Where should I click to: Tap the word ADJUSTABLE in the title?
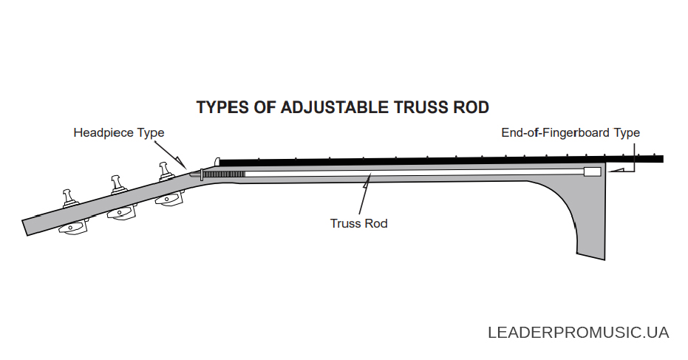point(334,108)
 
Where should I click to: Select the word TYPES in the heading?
point(222,108)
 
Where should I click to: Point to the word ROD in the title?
point(471,108)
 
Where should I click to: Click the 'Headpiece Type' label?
point(119,132)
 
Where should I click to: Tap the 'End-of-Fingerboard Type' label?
point(571,132)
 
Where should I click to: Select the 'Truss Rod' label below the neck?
point(359,223)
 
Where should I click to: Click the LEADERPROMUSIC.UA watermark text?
point(579,333)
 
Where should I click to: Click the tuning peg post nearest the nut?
point(165,170)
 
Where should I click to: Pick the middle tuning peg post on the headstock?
point(117,184)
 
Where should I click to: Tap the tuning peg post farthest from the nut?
point(69,197)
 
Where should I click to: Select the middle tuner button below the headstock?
point(120,214)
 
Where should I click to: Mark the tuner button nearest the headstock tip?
point(73,227)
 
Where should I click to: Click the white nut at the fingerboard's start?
point(217,162)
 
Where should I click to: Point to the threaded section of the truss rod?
point(224,174)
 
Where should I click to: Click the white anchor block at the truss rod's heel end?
point(593,171)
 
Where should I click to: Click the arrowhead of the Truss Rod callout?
point(367,180)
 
